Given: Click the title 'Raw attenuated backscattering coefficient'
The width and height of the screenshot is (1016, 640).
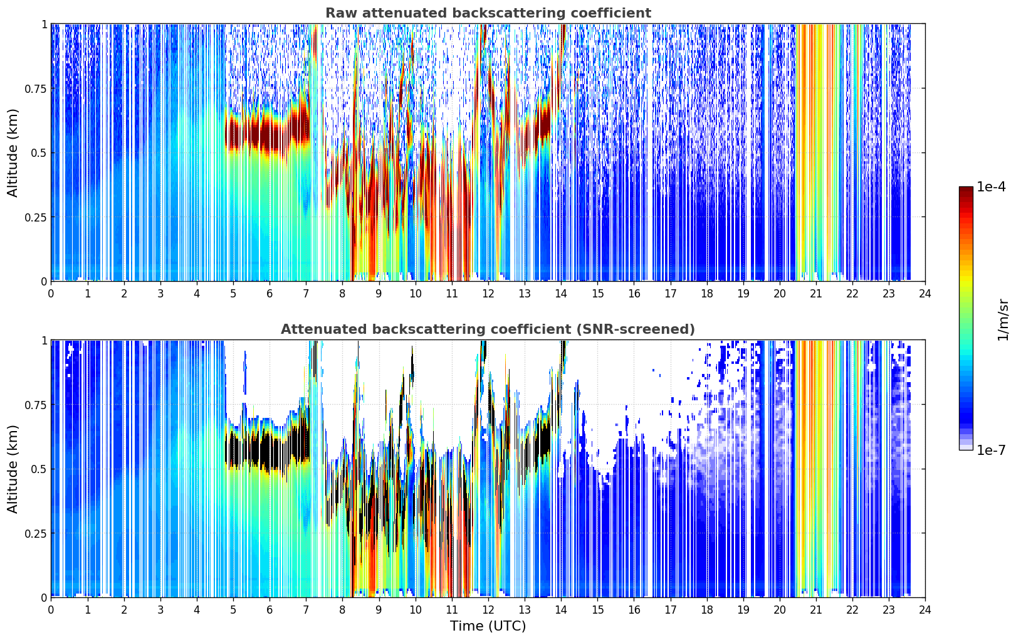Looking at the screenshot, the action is (x=488, y=13).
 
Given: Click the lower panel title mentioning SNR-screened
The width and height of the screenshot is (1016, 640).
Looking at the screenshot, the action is (x=488, y=329).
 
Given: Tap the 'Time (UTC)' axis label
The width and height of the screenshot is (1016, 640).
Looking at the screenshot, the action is (x=488, y=626).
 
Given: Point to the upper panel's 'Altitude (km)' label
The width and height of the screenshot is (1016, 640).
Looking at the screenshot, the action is (x=13, y=153).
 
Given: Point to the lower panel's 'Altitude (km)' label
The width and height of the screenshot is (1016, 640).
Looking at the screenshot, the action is (x=13, y=469).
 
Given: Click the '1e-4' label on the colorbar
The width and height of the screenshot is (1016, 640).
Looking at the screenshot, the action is (x=991, y=186).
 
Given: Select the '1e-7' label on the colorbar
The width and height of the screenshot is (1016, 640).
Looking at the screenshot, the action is (x=991, y=451).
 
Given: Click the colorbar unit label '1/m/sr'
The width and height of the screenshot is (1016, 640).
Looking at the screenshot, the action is (x=1003, y=319).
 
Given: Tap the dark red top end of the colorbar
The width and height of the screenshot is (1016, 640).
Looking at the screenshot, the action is (x=966, y=189).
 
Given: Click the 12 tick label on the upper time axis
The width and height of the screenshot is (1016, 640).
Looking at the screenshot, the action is (x=488, y=294).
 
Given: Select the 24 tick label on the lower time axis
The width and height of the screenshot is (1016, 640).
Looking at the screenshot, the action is (x=925, y=610).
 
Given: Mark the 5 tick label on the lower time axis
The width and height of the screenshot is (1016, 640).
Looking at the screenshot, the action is (x=233, y=610).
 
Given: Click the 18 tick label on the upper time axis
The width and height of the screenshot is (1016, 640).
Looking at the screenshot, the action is (x=706, y=294).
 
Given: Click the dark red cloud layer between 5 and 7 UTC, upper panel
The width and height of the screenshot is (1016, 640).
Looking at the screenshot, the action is (x=268, y=132).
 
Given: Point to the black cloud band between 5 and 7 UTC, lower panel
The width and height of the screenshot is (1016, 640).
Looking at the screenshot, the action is (x=268, y=449).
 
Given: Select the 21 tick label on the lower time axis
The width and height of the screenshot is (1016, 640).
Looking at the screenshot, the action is (x=816, y=610).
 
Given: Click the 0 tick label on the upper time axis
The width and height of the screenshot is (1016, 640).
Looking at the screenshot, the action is (x=51, y=294).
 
